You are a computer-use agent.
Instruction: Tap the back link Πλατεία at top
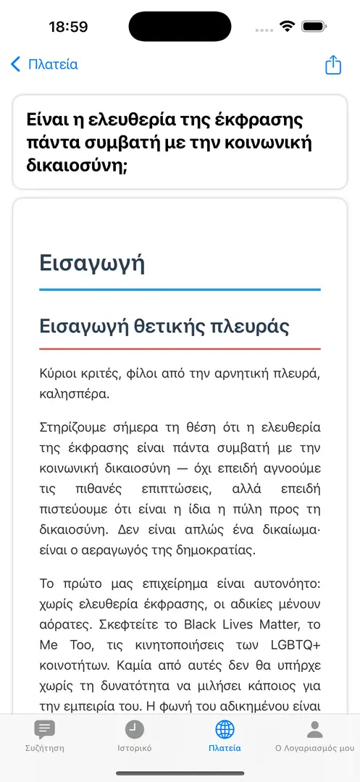[x=45, y=64]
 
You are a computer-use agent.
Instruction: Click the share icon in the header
[x=332, y=64]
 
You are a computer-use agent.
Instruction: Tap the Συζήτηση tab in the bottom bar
[x=45, y=736]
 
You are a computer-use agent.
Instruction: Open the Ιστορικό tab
[x=135, y=736]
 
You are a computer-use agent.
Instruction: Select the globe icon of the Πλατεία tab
[x=225, y=729]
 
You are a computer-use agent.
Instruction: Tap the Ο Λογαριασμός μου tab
[x=314, y=736]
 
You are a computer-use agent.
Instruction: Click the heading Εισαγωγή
[x=92, y=262]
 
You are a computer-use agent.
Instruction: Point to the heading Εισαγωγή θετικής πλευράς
[x=164, y=326]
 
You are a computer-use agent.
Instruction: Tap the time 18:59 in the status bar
[x=68, y=27]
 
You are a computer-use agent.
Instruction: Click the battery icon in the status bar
[x=314, y=27]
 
